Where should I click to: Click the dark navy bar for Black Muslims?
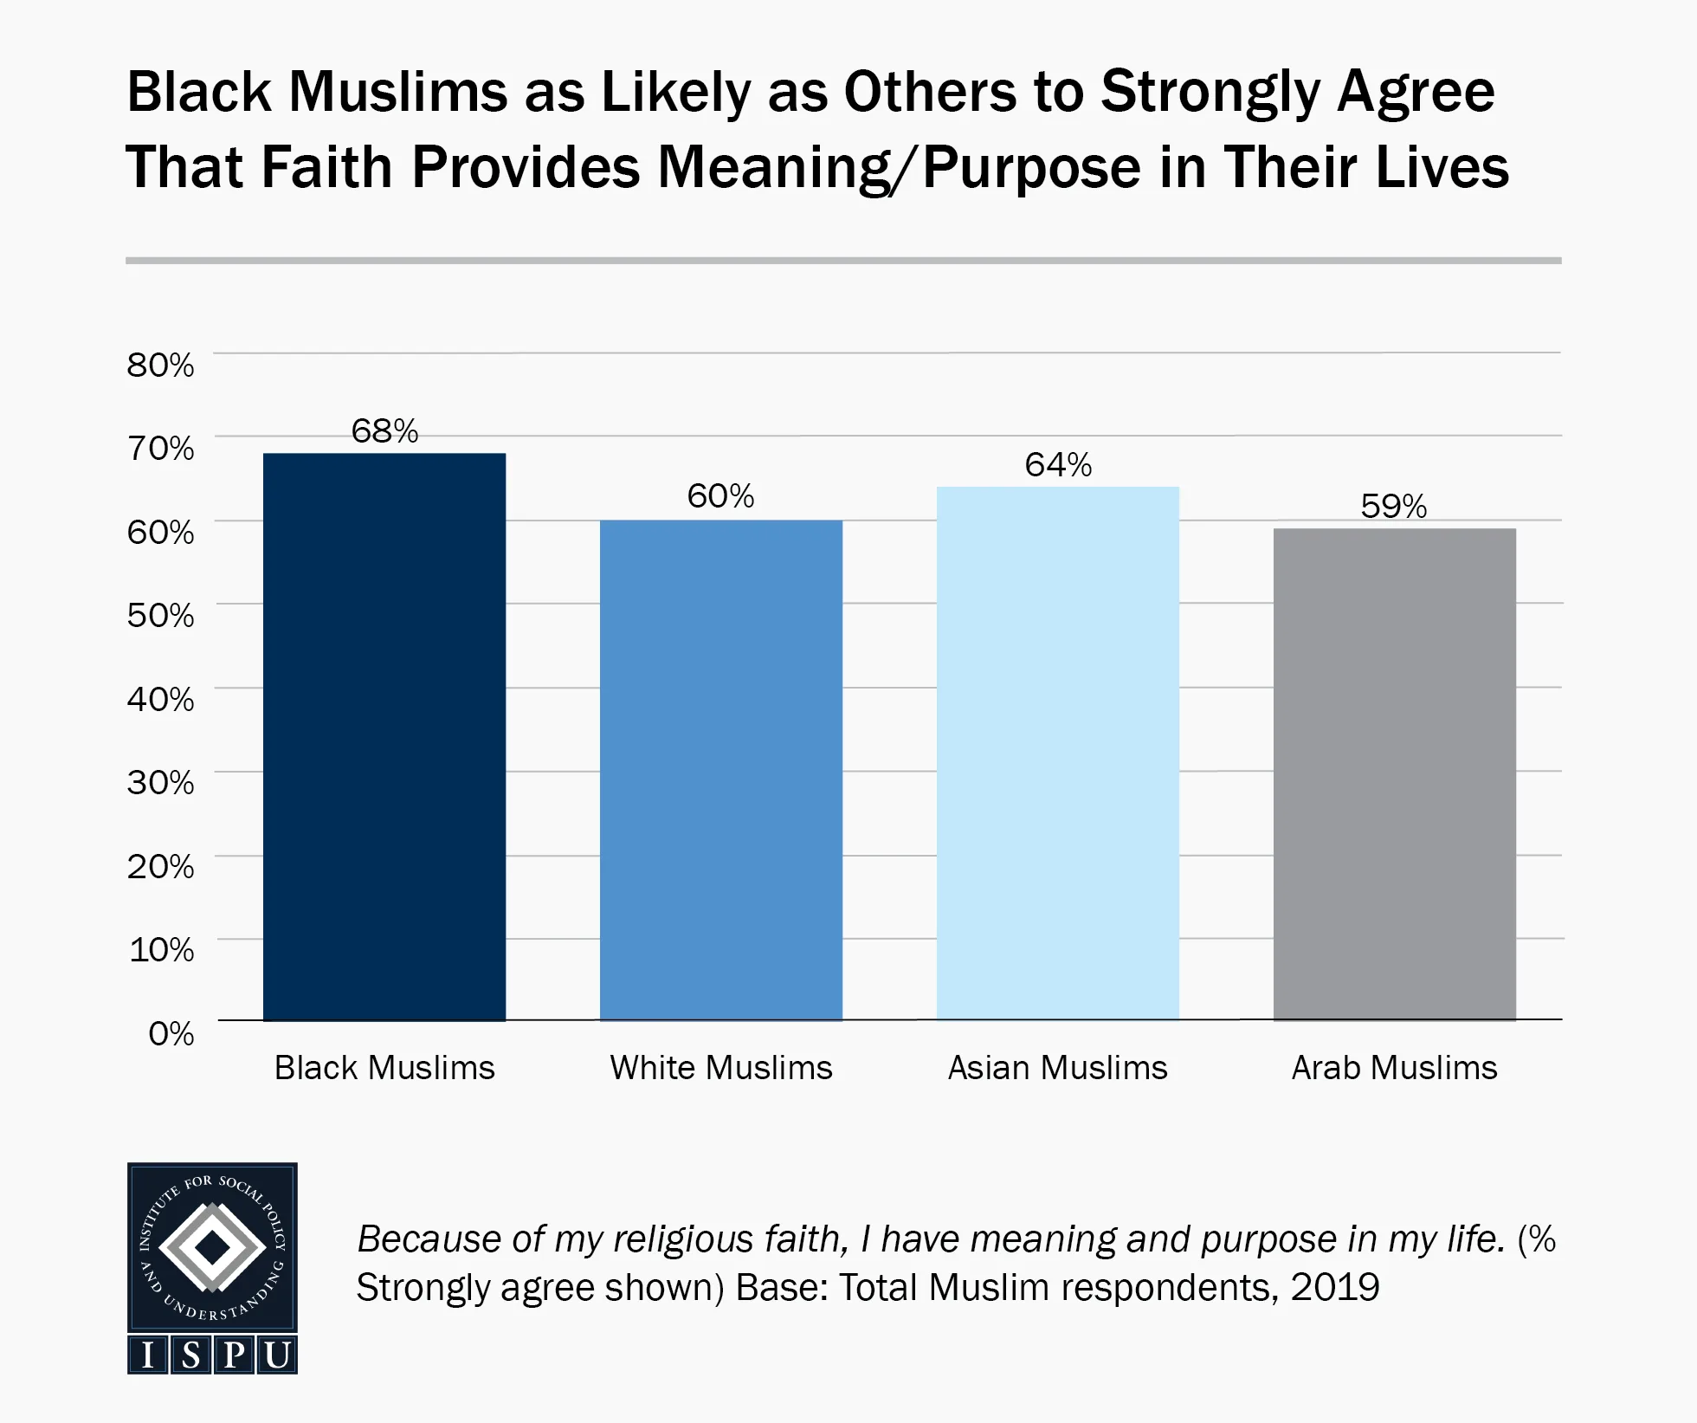point(384,736)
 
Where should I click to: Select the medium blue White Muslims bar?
point(720,770)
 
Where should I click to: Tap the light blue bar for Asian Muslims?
point(1057,753)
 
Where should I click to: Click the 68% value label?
point(384,430)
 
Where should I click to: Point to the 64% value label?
point(1058,465)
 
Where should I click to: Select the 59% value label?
point(1393,506)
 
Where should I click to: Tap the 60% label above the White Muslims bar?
point(720,496)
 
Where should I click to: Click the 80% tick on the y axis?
point(160,365)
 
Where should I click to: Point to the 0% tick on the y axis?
point(171,1033)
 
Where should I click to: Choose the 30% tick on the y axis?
point(160,782)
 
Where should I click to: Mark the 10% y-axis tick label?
point(161,949)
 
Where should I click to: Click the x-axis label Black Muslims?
point(384,1068)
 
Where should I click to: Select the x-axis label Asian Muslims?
point(1057,1068)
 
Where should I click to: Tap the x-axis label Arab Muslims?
point(1394,1068)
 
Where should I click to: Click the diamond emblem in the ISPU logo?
point(212,1248)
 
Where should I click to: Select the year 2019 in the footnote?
point(1335,1288)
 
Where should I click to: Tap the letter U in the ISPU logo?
point(276,1355)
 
